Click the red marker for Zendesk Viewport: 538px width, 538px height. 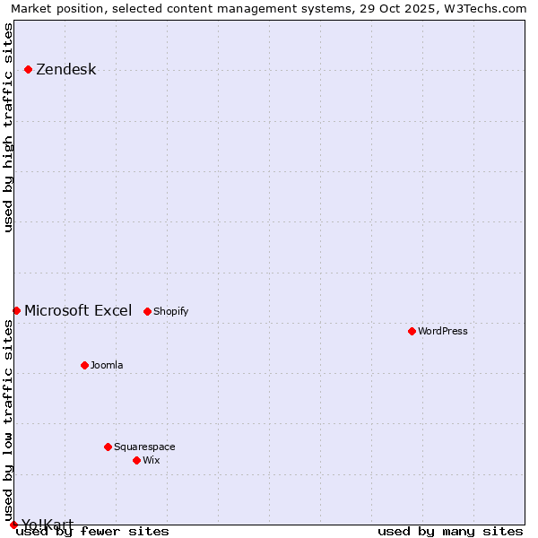[28, 69]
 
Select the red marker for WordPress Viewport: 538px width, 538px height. [412, 331]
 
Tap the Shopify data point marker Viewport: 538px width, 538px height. [147, 311]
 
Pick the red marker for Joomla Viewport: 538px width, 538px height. [84, 365]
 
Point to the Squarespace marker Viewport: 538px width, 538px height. [108, 447]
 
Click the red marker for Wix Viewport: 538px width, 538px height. [136, 460]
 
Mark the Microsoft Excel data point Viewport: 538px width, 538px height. [16, 310]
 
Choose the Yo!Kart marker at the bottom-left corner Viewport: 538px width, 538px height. [13, 525]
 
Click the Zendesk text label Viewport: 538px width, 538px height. [65, 70]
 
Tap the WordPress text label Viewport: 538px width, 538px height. [442, 331]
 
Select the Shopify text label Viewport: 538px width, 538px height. [170, 311]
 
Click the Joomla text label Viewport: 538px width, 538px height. [107, 365]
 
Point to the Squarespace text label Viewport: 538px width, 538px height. [144, 447]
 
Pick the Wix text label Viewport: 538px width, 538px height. [151, 460]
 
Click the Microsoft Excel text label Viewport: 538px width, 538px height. [78, 311]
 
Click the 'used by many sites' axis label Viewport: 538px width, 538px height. [450, 531]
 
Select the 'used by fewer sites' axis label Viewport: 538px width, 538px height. [92, 531]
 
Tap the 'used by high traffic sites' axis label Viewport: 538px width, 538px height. [9, 127]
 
